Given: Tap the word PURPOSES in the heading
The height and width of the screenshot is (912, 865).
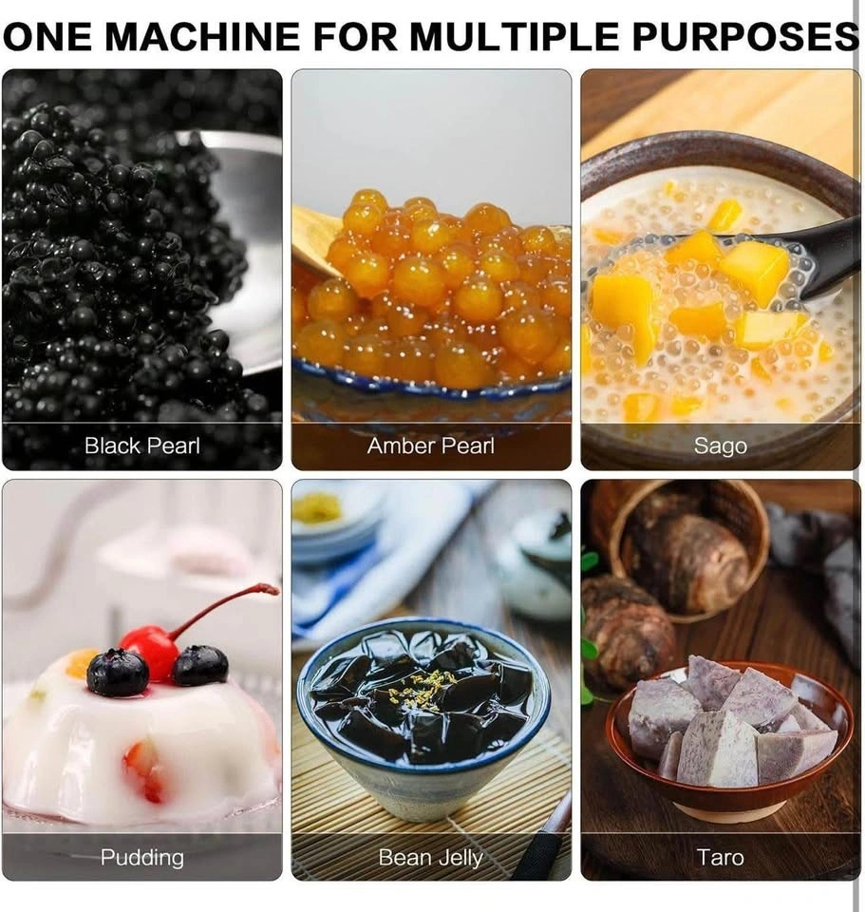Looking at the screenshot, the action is [745, 35].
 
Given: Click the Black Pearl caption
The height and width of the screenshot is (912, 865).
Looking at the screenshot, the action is [141, 446].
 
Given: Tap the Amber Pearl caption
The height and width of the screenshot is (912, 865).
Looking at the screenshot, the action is [431, 446].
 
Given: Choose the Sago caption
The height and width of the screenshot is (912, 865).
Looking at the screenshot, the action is [721, 446].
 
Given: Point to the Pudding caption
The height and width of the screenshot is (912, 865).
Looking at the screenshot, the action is [141, 857].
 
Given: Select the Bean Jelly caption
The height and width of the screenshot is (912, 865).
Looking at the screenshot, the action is [431, 858].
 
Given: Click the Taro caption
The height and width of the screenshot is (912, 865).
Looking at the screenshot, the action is [721, 857].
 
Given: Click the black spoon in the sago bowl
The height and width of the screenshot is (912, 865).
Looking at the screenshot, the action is [814, 262].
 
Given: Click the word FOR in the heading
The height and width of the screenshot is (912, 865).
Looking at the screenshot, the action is [354, 35].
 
